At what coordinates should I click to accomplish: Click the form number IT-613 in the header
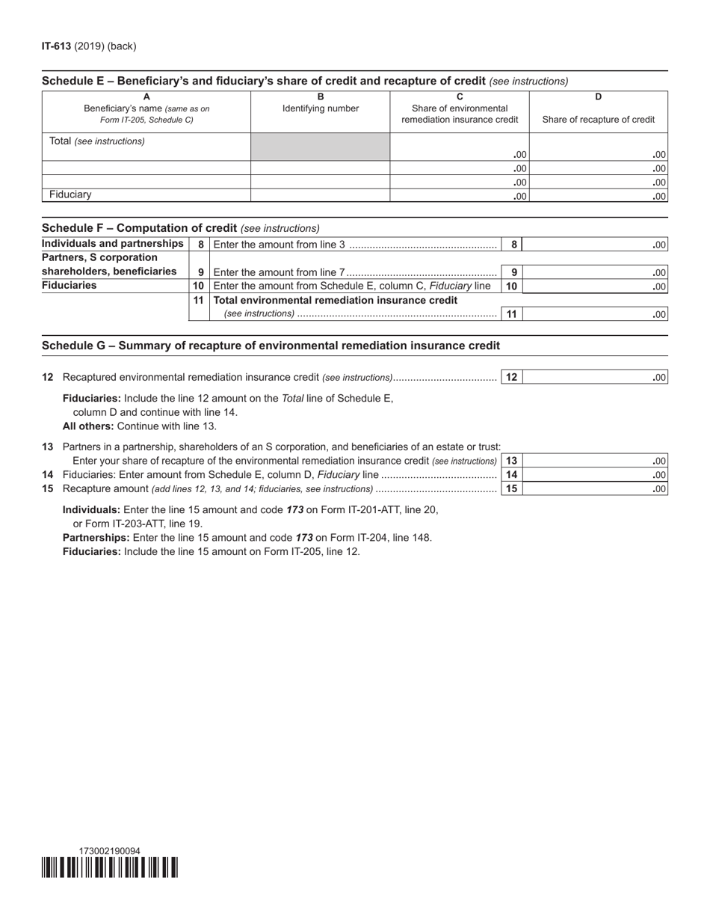tap(56, 46)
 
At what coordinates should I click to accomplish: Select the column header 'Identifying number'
tap(320, 108)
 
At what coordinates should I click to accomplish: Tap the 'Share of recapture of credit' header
tap(598, 120)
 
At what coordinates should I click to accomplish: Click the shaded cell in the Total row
tap(320, 147)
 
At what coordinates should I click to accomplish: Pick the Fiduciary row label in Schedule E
tap(70, 194)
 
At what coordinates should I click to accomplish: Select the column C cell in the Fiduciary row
tap(459, 196)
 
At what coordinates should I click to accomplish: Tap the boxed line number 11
tap(511, 314)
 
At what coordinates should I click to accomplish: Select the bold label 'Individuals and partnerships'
tap(113, 244)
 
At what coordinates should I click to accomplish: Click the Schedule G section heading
tap(271, 346)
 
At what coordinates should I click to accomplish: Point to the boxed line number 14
tap(511, 475)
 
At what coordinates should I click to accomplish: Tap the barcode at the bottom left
tap(110, 868)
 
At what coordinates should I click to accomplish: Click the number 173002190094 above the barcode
tap(109, 851)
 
